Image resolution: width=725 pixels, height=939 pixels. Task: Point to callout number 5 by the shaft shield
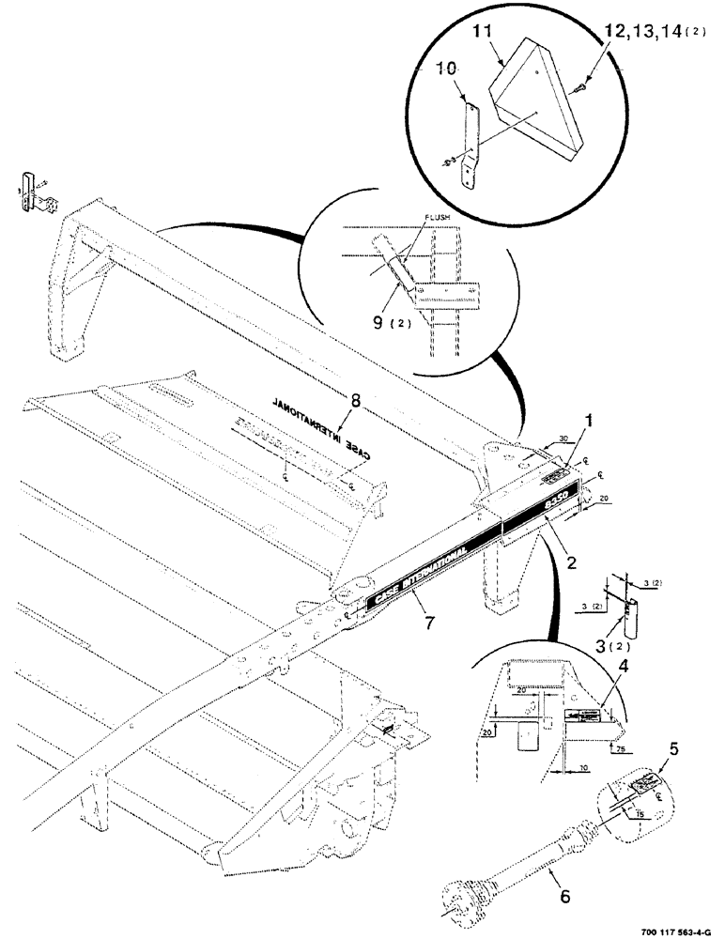673,748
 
